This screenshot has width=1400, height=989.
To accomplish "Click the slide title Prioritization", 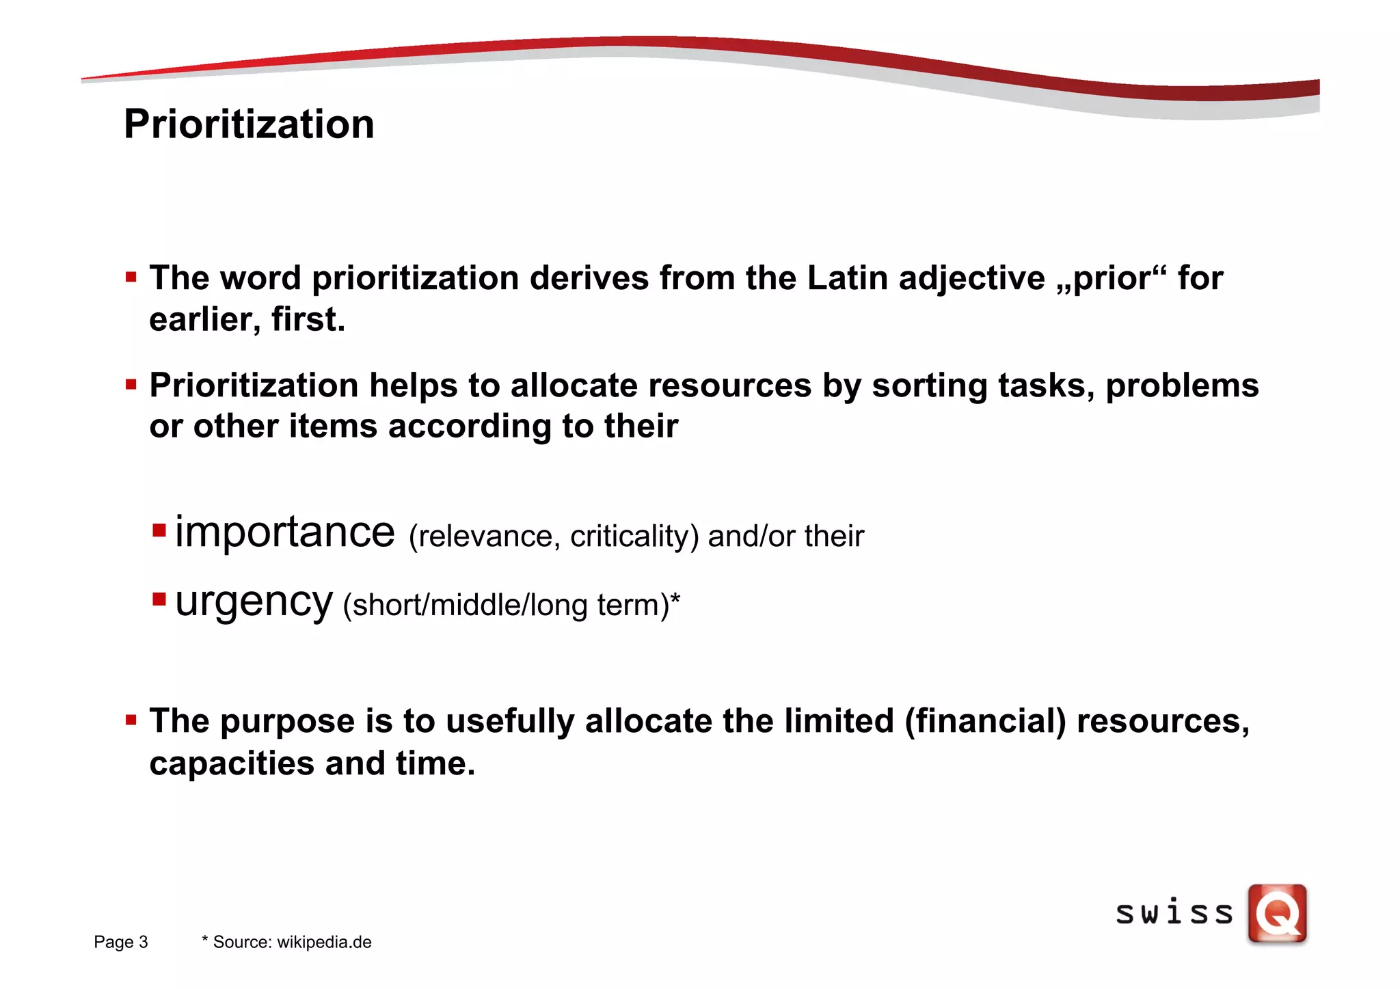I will click(x=249, y=124).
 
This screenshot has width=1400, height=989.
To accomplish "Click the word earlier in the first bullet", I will click(x=204, y=319).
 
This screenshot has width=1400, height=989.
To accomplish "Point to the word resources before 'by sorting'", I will click(x=729, y=385).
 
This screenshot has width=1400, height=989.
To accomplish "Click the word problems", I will click(x=1182, y=385).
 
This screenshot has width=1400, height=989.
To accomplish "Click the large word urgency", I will click(x=254, y=601).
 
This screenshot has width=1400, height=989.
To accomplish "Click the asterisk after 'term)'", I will click(x=675, y=599).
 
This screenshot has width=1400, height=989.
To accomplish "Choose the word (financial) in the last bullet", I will click(x=985, y=721).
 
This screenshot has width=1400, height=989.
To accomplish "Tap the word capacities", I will click(x=232, y=763).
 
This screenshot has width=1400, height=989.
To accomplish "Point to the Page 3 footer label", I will click(x=121, y=942).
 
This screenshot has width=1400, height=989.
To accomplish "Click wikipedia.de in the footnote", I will click(x=324, y=942).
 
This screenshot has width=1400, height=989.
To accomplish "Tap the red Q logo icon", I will click(x=1277, y=914).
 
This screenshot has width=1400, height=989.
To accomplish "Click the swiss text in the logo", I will click(x=1174, y=914).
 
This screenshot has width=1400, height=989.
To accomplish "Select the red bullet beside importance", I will click(x=160, y=530).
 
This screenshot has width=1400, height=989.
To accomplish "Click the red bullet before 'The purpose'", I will click(x=131, y=720).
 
